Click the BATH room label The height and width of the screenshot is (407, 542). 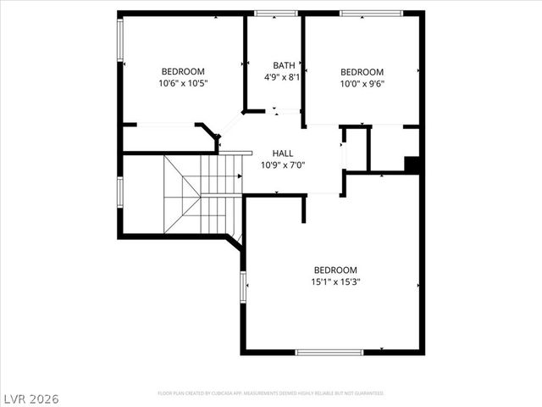coord(284,65)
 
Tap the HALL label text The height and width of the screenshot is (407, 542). coord(283,153)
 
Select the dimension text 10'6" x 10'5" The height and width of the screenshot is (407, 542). coord(183,83)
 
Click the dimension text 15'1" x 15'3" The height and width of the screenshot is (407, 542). coord(335,282)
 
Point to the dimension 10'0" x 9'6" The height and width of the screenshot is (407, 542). coord(362,84)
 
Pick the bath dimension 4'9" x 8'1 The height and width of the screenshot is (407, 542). coord(284,77)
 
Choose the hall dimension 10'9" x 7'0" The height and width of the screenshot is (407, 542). coord(283,164)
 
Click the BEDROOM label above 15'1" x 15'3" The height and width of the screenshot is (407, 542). coord(335,270)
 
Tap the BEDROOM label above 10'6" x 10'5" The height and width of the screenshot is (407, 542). coord(183,71)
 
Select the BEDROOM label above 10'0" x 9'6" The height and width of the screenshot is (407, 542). coord(362,72)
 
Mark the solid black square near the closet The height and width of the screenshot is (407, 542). coord(412,165)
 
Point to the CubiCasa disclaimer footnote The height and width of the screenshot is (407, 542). coord(271,393)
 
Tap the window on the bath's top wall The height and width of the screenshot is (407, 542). coord(276,13)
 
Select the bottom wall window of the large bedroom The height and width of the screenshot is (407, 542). coord(329,352)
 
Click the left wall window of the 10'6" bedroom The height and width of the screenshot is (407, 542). coord(120,42)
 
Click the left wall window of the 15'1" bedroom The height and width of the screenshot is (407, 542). coord(243,287)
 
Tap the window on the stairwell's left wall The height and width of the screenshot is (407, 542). coord(120,190)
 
